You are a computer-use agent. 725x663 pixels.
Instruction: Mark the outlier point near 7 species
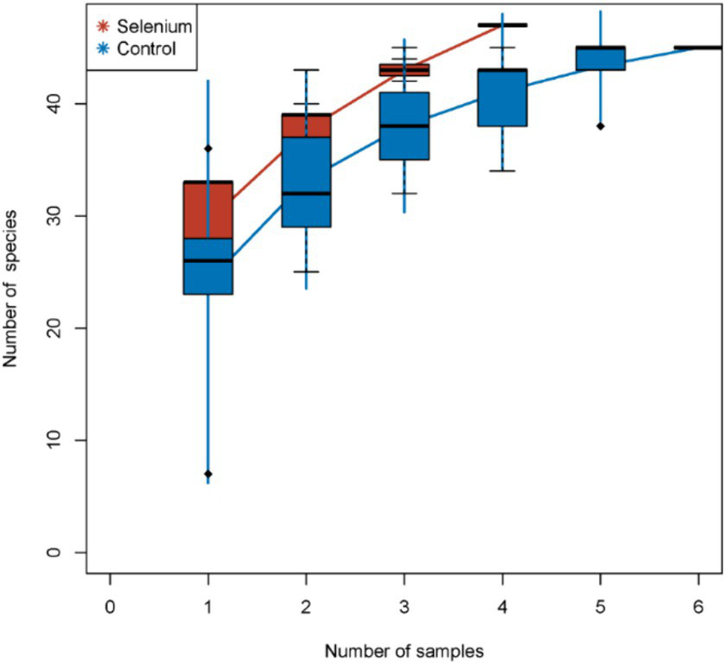click(208, 474)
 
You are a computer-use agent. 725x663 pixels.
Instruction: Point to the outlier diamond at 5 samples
click(600, 126)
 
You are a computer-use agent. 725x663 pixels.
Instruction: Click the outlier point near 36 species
click(208, 149)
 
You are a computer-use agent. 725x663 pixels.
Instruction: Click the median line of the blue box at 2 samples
click(306, 194)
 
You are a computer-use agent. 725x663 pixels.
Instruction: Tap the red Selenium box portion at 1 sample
click(208, 210)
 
